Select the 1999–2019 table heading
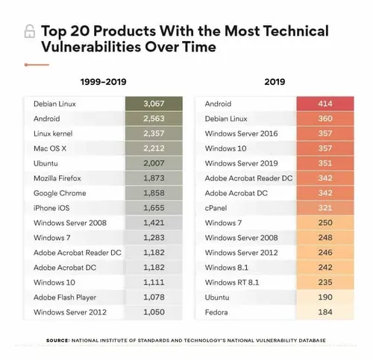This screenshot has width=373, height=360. (104, 82)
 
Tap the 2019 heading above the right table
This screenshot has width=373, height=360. (275, 82)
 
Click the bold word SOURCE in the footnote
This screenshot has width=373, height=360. (57, 340)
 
